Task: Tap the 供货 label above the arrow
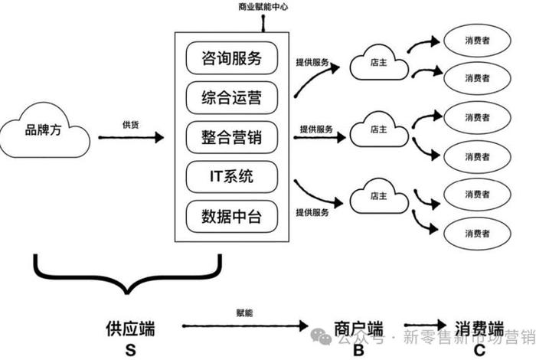[x=130, y=124]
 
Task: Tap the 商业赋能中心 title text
[x=263, y=7]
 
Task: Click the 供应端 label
[x=130, y=329]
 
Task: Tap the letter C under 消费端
[x=479, y=350]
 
